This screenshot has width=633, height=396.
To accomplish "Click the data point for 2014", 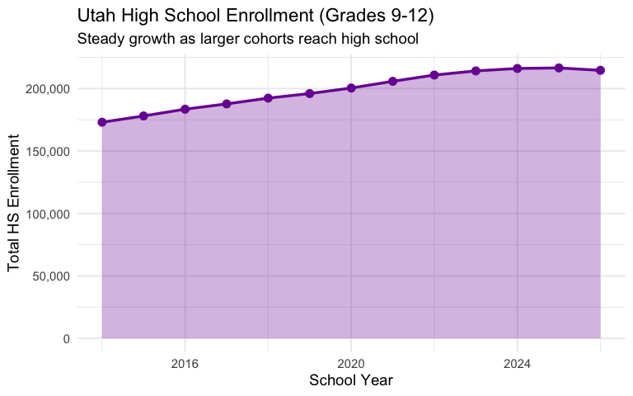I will tap(102, 122).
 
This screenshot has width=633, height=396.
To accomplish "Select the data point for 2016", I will tap(185, 109).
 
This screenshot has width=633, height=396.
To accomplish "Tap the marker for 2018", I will tap(268, 98).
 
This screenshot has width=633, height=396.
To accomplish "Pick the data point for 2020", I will tap(351, 87).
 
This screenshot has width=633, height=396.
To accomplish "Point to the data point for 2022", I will tap(434, 75).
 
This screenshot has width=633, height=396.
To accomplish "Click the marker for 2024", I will tap(517, 68).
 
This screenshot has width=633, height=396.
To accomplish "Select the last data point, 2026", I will tap(600, 70).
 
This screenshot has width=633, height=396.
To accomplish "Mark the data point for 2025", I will tap(559, 68).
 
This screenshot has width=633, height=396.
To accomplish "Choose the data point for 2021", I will tap(392, 81).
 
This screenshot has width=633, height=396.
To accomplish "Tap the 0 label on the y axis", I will tap(67, 338).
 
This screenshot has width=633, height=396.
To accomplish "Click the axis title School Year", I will tap(350, 380).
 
